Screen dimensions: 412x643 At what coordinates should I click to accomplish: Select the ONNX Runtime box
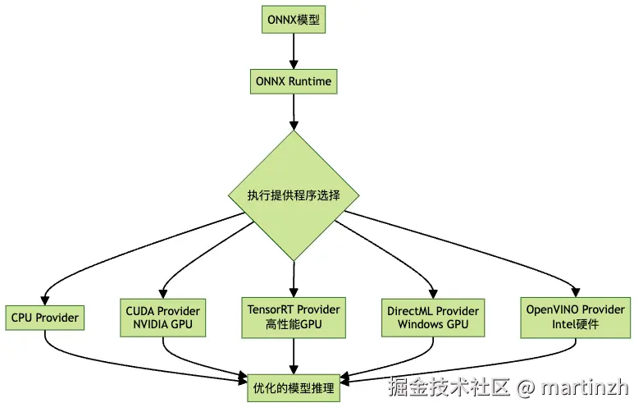tap(294, 82)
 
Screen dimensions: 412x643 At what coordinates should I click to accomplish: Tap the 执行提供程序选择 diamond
tap(294, 196)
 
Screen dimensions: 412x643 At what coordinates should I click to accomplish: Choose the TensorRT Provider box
tap(294, 317)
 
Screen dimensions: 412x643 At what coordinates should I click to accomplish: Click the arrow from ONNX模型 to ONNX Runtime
tap(294, 51)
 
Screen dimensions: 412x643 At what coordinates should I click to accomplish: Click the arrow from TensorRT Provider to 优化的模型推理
tap(294, 353)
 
